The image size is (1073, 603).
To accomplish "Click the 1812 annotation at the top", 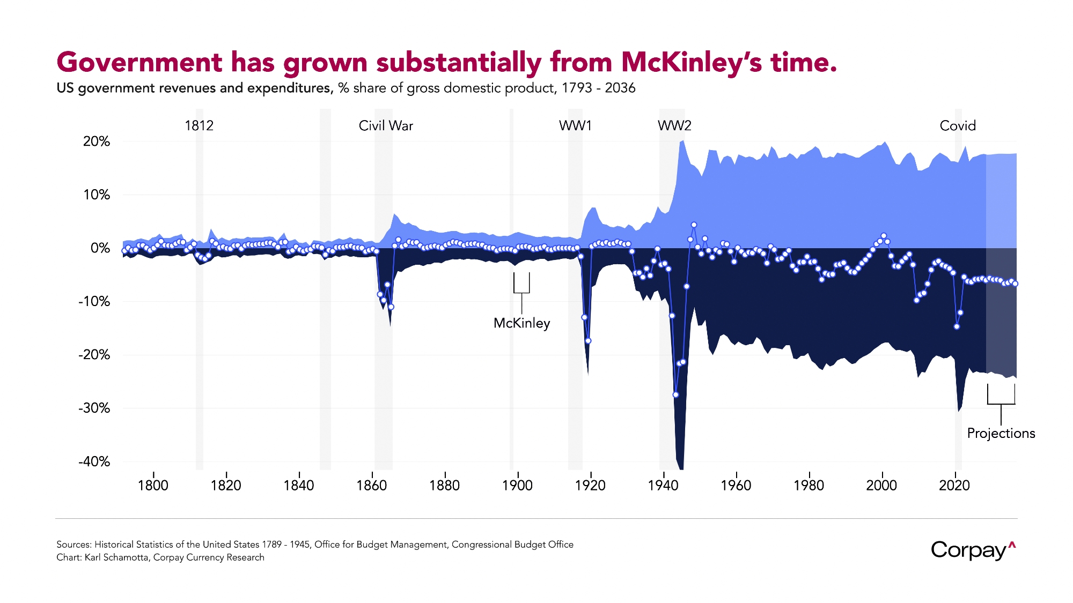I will [x=199, y=126].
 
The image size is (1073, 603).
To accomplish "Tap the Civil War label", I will [x=386, y=126].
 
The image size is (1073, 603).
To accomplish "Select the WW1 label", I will [x=575, y=126].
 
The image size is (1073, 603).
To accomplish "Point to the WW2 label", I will [x=674, y=126].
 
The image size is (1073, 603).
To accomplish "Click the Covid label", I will [x=958, y=126].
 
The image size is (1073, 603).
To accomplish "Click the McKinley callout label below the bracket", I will [x=521, y=323].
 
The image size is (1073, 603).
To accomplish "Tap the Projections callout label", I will [x=1001, y=433].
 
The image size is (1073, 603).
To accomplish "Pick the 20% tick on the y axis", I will [x=97, y=142].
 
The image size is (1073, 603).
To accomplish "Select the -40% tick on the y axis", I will [x=94, y=461].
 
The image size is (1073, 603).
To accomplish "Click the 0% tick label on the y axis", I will [x=100, y=248].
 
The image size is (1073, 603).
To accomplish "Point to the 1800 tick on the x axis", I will [x=153, y=485].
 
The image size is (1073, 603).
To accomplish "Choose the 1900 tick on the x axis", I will [x=517, y=485].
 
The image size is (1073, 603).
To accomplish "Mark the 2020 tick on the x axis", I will [x=954, y=485].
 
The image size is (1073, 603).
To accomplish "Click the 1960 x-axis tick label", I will [x=736, y=485].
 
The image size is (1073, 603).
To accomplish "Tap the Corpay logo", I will [x=973, y=550].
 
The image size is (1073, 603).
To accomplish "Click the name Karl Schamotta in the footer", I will [x=117, y=557].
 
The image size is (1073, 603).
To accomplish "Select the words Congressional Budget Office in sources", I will [x=512, y=545].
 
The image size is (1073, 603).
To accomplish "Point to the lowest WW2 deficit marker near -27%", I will [x=675, y=394].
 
